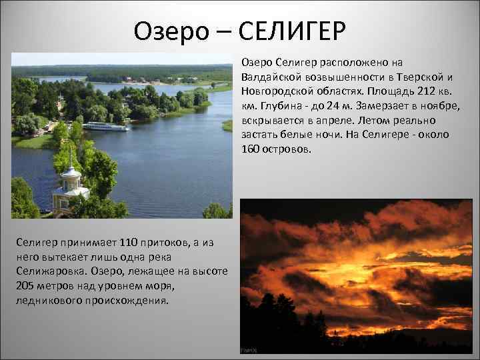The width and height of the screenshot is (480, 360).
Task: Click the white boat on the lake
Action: (x=105, y=126)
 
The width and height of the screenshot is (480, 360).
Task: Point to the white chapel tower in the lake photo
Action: (x=71, y=180)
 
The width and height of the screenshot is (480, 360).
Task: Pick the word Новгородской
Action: (x=275, y=91)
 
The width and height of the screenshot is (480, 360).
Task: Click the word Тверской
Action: (x=417, y=77)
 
